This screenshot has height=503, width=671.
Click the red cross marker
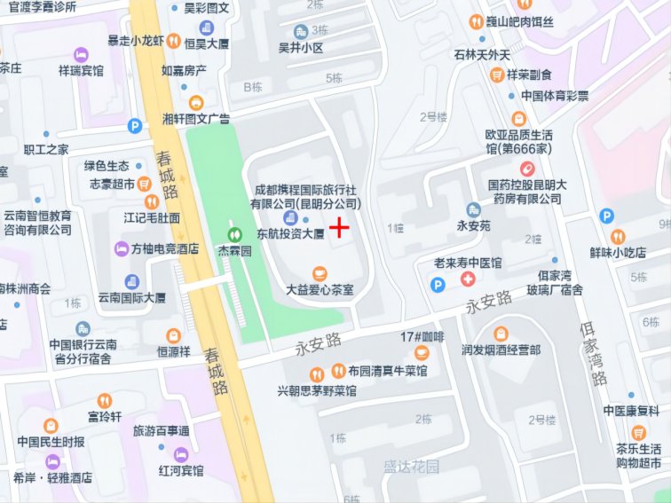pos(339,228)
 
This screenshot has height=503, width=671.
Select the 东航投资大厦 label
pos(289,234)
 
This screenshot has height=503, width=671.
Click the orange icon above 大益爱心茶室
pos(320,273)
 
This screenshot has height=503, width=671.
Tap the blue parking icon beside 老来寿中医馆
pos(436,284)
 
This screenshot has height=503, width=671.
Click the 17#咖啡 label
pos(422,337)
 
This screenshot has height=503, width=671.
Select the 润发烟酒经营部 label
pos(501,350)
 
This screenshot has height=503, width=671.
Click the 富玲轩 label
pos(105,416)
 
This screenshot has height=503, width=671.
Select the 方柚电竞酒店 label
pos(164,249)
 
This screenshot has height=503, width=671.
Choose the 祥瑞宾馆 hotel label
pos(81,69)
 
